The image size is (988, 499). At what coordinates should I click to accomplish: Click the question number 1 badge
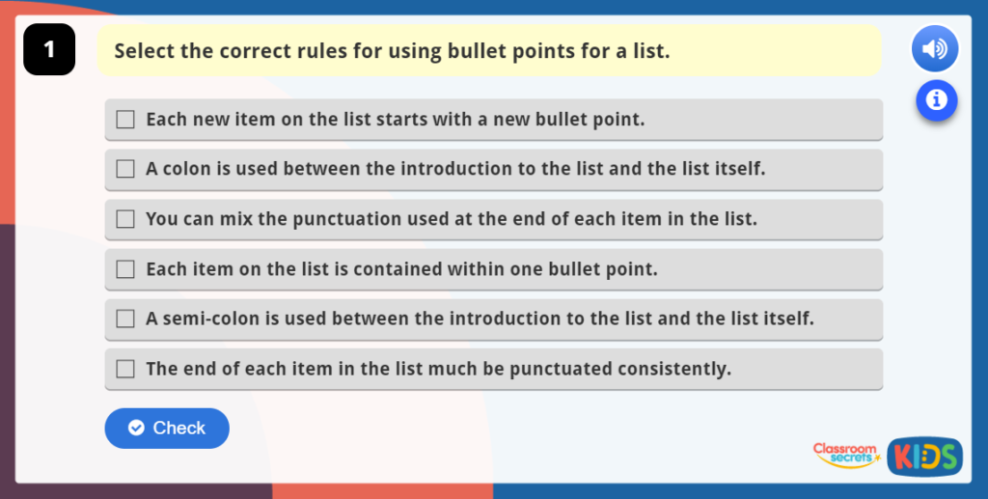pos(49,50)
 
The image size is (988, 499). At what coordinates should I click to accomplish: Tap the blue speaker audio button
pos(934,49)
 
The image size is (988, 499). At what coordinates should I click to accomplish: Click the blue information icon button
pos(936,98)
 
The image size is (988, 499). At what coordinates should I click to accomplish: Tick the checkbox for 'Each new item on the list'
pos(125,120)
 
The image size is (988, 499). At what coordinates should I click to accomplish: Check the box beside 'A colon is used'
pos(125,169)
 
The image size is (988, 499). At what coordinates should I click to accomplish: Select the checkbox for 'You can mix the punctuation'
pos(125,219)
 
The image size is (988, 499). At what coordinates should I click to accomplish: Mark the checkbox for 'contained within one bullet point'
pos(125,269)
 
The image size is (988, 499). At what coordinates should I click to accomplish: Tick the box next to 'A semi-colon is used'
pos(125,319)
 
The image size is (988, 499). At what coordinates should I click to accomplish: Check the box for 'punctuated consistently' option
pos(125,369)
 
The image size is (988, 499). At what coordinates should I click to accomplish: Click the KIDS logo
pos(924,457)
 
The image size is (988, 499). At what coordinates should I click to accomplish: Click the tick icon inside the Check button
pos(136,429)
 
